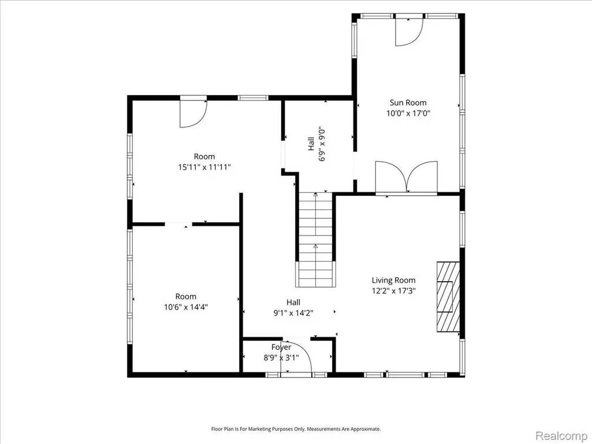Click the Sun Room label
[x=408, y=102]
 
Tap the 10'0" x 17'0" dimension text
[x=408, y=113]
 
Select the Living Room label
[x=393, y=280]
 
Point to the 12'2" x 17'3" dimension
[x=393, y=291]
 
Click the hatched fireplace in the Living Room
[x=448, y=297]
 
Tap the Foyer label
[x=281, y=347]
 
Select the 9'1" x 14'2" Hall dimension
[x=293, y=312]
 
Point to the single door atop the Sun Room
[x=409, y=32]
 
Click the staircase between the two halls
[x=315, y=240]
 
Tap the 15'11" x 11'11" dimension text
[x=204, y=167]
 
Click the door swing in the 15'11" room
[x=193, y=112]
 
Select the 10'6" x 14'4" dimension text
[x=186, y=307]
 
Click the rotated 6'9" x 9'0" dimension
[x=322, y=144]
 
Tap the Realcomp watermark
[x=561, y=435]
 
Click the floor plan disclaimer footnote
[x=296, y=429]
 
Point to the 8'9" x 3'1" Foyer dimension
[x=281, y=357]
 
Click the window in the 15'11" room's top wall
[x=253, y=98]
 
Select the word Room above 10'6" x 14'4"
[x=186, y=296]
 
